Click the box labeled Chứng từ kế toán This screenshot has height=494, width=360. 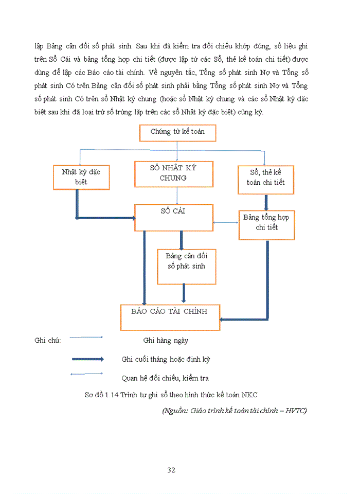[177, 132]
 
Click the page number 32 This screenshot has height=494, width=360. [172, 470]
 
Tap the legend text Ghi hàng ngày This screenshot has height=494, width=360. [166, 341]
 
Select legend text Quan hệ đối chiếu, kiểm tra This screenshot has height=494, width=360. [165, 378]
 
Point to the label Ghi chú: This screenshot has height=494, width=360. [48, 341]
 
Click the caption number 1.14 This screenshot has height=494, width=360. [112, 395]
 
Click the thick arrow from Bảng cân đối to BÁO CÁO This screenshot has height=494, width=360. [184, 293]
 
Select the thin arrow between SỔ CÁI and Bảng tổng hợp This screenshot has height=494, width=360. [226, 222]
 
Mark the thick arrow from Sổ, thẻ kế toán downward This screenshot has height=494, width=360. [266, 201]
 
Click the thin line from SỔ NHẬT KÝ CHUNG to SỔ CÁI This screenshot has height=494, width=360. [177, 196]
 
